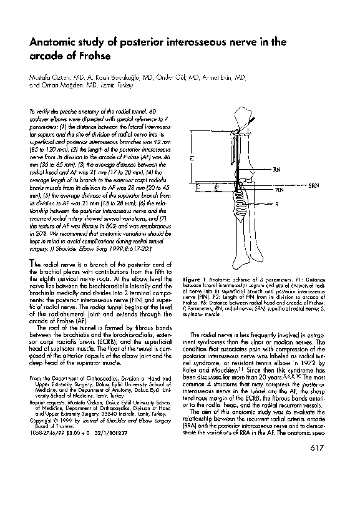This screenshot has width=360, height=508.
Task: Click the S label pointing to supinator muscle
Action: click(x=276, y=204)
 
